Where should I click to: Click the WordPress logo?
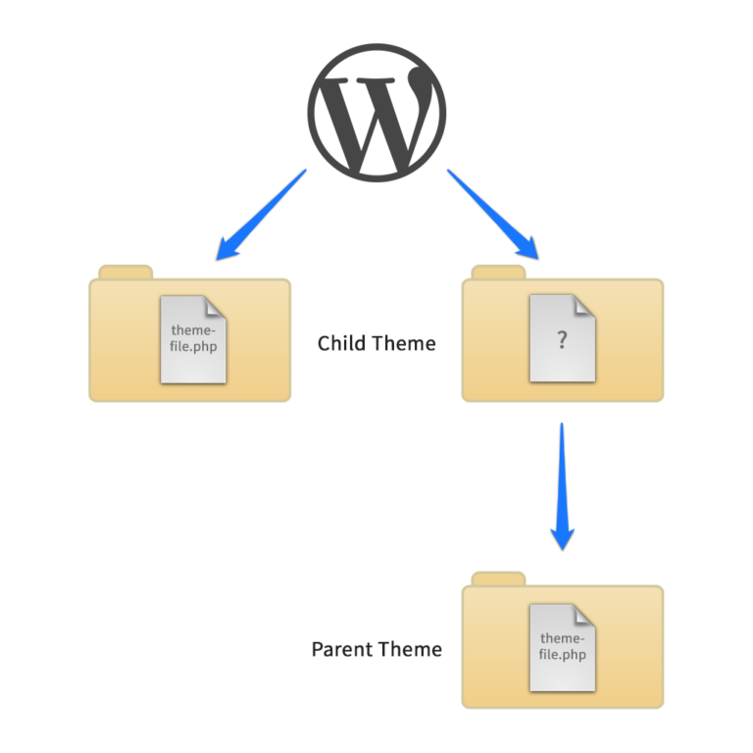376,113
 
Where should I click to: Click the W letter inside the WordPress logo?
376,120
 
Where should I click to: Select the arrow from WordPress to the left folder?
261,215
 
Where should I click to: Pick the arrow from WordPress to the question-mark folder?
493,214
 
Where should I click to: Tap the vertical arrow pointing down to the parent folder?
562,486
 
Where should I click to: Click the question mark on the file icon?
563,340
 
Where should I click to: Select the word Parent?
341,649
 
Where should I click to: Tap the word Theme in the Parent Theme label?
410,649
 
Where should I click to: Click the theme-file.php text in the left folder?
193,338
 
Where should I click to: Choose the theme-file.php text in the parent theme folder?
563,646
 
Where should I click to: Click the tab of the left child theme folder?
125,273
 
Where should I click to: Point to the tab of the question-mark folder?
498,273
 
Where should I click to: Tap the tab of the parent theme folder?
498,579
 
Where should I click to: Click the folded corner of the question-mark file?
584,306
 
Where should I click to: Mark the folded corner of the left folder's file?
215,307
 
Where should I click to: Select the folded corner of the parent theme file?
584,615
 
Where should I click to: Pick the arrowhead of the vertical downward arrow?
563,539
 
